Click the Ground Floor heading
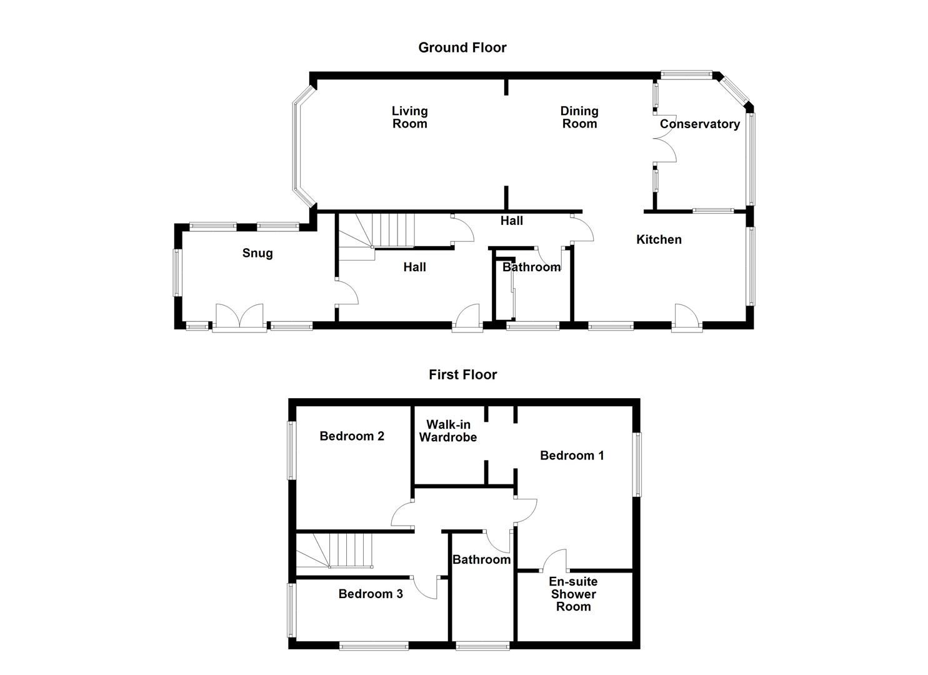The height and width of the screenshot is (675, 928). [462, 47]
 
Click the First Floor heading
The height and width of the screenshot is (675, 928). [462, 374]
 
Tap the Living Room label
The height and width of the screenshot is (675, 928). [409, 117]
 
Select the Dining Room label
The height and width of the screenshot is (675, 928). [579, 117]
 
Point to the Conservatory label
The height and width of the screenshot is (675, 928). [699, 124]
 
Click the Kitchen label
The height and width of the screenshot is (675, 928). [659, 239]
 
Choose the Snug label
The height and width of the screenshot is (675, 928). [257, 253]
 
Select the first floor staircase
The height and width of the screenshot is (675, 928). [334, 551]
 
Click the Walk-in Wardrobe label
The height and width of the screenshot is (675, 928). [447, 431]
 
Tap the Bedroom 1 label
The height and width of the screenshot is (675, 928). [572, 456]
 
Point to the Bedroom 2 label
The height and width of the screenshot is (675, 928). [351, 436]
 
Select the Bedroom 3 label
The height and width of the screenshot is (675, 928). [370, 594]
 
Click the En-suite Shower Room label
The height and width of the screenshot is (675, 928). [573, 594]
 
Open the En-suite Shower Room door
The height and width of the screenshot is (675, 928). [556, 561]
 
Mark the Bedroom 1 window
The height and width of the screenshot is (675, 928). [637, 464]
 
